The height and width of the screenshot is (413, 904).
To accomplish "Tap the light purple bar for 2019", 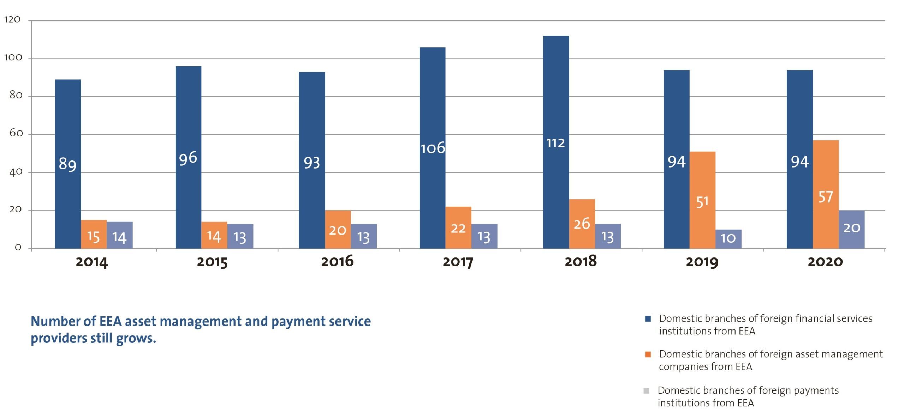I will point(728,239).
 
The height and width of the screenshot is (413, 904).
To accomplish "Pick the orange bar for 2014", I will point(94,234).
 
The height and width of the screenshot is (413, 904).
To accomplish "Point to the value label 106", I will point(433,148).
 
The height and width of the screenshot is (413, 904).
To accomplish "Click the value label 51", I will point(702,202).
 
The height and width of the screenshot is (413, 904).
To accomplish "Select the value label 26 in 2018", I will point(582,224).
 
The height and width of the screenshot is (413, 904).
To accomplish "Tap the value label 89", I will point(67,164).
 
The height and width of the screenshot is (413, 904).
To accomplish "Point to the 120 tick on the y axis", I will point(12,20).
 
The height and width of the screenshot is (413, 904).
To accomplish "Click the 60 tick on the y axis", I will point(16,133).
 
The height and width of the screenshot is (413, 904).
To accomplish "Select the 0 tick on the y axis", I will point(18,248).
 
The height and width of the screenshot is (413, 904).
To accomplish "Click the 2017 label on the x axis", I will point(458,262).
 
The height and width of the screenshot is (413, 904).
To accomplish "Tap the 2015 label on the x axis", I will point(212,262).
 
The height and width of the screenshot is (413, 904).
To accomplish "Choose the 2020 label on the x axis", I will point(825,262).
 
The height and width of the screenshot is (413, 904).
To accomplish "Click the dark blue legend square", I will point(648,319).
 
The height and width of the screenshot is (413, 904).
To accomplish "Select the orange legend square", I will point(648,354).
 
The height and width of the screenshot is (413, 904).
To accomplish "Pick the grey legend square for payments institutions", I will point(646,390).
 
